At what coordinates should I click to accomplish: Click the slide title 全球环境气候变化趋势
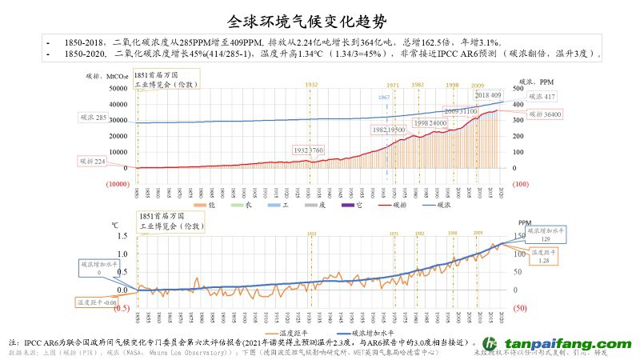(319, 19)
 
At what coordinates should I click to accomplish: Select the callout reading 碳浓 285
(95, 118)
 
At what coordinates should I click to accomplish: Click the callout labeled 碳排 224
(94, 162)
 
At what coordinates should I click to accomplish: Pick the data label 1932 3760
(308, 150)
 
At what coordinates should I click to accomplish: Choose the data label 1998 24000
(429, 123)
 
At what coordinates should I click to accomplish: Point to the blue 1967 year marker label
(385, 96)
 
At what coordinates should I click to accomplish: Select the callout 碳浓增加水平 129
(545, 234)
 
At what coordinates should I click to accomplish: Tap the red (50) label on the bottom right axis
(518, 308)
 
